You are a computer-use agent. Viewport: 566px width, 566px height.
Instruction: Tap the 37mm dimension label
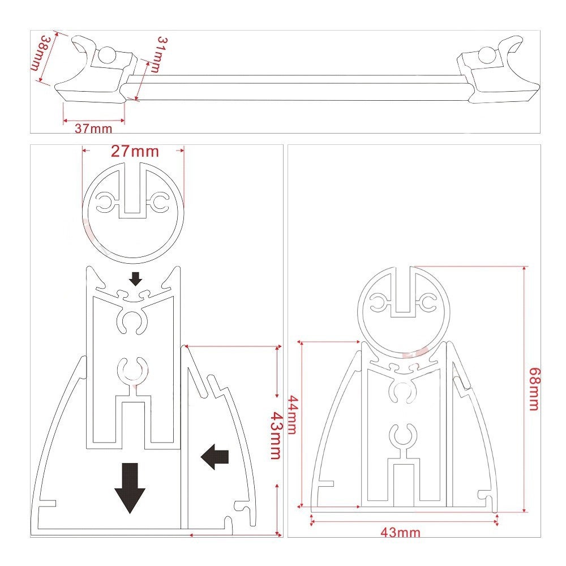[93, 128]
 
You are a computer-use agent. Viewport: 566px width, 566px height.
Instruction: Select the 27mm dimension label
[134, 152]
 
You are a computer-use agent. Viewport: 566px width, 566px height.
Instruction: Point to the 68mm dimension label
[533, 388]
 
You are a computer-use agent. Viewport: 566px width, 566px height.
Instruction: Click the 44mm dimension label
[291, 414]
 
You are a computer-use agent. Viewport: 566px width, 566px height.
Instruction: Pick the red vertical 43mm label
[275, 436]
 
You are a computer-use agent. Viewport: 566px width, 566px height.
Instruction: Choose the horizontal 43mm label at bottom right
[400, 533]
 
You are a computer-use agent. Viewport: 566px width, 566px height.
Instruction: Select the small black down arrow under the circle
[135, 278]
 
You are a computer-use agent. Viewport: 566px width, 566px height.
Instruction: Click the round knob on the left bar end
[107, 55]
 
